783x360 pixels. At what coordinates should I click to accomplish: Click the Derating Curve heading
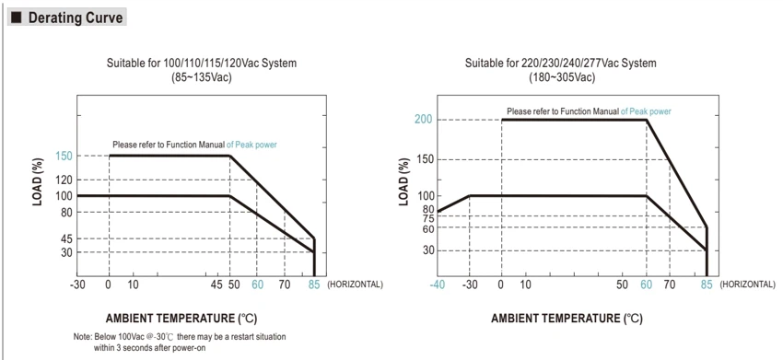coord(75,18)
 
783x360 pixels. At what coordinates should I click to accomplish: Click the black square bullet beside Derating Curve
coord(17,18)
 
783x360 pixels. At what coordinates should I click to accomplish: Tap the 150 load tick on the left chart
coord(64,156)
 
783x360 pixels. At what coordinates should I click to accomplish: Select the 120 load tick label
coord(64,180)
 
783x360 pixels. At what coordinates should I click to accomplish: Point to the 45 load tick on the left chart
coord(66,239)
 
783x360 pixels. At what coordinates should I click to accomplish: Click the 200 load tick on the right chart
coord(423,120)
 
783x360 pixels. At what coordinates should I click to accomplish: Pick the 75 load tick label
coord(428,218)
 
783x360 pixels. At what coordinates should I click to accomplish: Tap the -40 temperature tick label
coord(438,285)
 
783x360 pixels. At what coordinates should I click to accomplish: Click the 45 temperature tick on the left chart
coord(216,285)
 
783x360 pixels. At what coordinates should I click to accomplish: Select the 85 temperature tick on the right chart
coord(707,285)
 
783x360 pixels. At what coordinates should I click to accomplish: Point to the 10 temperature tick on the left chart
coord(133,285)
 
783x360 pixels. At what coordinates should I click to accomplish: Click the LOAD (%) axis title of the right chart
coord(403,181)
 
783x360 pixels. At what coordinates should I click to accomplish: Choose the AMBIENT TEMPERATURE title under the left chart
coord(181,318)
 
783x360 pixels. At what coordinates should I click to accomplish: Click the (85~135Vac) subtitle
coord(201,78)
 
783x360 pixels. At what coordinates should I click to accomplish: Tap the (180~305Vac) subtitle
coord(562,78)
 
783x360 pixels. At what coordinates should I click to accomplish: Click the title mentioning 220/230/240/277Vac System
coord(561,64)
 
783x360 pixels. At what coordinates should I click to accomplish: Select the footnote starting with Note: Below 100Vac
coord(180,342)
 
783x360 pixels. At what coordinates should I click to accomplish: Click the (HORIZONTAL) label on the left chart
coord(355,285)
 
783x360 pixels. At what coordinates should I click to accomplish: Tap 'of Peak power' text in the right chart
coord(646,111)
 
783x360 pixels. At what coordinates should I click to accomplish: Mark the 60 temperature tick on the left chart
coord(257,285)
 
